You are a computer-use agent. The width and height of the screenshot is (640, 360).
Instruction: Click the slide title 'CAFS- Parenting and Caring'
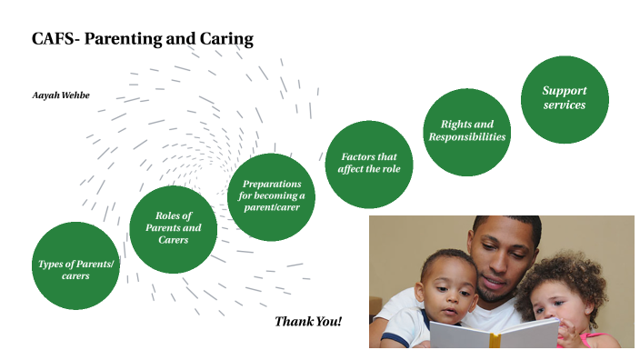click(x=142, y=39)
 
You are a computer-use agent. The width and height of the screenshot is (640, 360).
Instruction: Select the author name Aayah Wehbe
click(x=62, y=95)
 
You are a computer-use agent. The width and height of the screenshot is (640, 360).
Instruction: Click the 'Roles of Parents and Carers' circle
click(x=173, y=228)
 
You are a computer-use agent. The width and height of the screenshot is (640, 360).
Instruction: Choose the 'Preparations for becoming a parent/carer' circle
click(x=272, y=196)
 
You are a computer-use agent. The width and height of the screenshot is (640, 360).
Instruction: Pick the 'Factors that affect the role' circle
click(x=368, y=163)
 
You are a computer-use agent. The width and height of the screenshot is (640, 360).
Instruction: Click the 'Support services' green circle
click(x=564, y=98)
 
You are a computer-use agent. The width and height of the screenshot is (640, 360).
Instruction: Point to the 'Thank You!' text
click(x=307, y=322)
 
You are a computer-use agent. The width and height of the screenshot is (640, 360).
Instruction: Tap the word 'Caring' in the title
click(x=226, y=39)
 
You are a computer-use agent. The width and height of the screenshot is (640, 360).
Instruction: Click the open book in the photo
click(x=495, y=334)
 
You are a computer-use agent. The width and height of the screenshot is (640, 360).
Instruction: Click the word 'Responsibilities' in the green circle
click(x=466, y=136)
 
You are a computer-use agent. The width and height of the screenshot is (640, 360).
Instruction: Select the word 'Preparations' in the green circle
click(x=272, y=185)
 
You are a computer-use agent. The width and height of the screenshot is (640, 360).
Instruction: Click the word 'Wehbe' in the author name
click(x=76, y=95)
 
